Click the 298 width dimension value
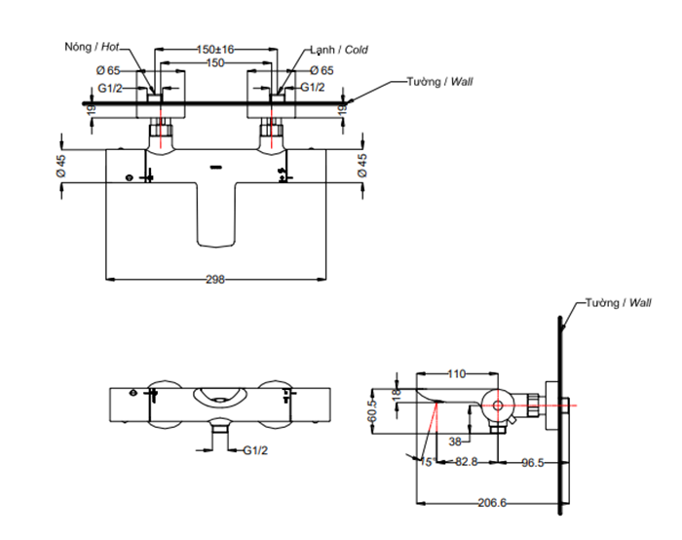(215, 280)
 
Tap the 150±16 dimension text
(215, 49)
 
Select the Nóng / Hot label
(92, 47)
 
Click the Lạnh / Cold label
(339, 50)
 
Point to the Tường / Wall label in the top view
(439, 81)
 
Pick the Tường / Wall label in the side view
(618, 302)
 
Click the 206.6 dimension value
(492, 503)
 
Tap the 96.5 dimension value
(532, 463)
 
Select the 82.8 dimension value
(467, 462)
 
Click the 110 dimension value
(456, 373)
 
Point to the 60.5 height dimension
(372, 411)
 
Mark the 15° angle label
(427, 462)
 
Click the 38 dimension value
(455, 442)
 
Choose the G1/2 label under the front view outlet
(255, 450)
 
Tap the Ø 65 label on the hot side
(108, 70)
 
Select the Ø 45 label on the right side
(361, 166)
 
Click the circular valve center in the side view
(498, 405)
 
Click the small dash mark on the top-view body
(216, 167)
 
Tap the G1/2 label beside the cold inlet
(313, 88)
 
